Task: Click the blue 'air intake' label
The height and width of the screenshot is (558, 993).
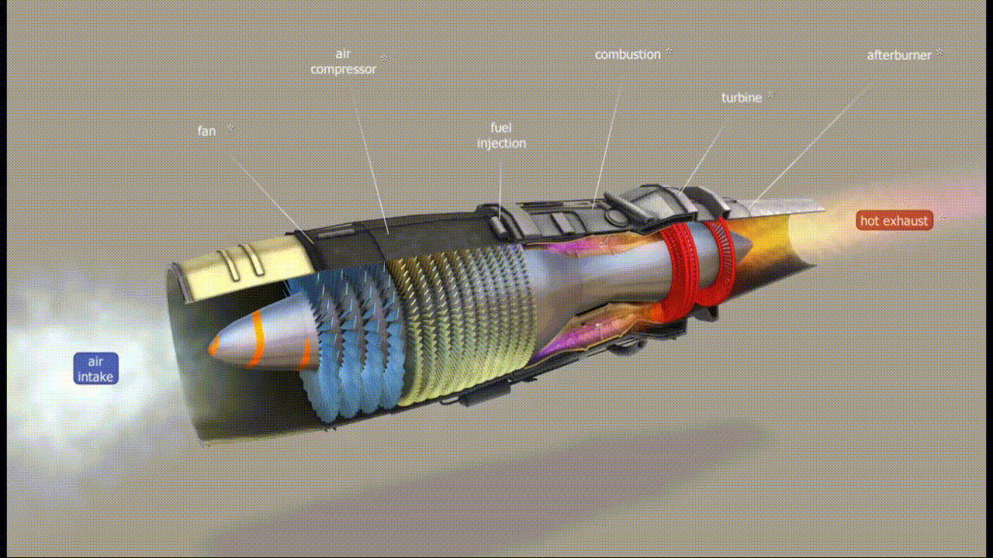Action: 95,369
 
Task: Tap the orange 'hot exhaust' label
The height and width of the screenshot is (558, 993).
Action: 894,221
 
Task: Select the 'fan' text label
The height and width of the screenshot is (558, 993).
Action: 206,131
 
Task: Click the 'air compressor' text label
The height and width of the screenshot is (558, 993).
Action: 343,62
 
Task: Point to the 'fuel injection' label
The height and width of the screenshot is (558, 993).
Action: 501,136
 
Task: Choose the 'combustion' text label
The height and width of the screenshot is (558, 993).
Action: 628,55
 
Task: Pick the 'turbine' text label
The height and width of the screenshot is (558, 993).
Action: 742,98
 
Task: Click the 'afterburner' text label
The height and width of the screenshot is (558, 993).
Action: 899,56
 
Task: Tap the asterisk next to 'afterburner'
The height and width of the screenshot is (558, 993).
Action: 939,53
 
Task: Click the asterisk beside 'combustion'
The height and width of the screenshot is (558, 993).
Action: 669,53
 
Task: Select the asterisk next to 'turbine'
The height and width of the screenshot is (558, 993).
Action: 770,95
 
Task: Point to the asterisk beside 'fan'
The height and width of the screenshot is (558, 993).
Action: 230,128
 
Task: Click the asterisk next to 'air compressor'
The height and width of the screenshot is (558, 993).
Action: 384,59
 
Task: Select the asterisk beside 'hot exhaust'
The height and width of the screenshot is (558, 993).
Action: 943,219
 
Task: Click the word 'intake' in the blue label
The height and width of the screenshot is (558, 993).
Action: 95,377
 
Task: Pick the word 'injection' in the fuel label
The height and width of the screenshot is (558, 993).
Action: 501,143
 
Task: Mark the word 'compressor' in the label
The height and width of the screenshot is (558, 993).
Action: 343,70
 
